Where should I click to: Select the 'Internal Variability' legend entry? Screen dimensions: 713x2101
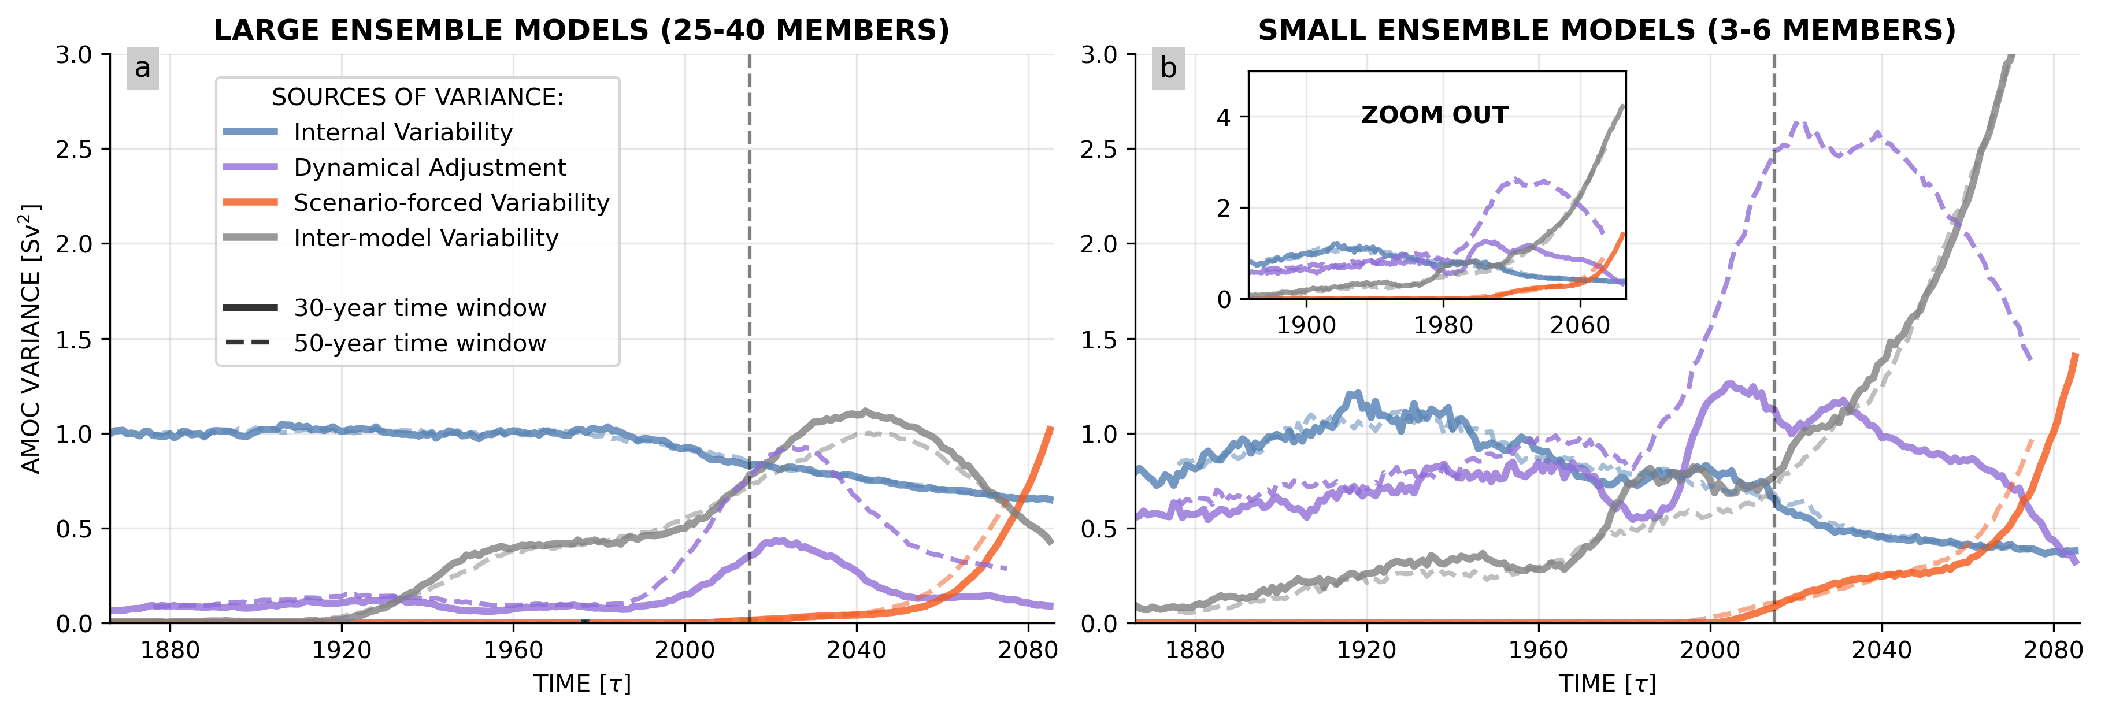tap(403, 132)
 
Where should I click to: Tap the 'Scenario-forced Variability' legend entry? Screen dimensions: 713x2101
tap(451, 202)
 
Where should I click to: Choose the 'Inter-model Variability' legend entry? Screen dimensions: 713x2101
tap(426, 238)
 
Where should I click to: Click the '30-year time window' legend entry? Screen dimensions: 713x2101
tap(419, 309)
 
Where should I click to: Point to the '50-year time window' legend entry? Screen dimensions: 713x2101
tap(419, 343)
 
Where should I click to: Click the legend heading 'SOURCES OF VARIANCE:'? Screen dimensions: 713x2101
tap(417, 97)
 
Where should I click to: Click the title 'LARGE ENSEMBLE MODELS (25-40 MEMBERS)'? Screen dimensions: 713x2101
tap(581, 30)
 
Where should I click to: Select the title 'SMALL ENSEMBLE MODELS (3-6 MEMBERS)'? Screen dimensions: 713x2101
tap(1607, 30)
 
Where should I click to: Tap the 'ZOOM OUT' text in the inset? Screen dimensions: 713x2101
tap(1435, 115)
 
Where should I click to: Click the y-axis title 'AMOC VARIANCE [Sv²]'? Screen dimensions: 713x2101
tap(31, 339)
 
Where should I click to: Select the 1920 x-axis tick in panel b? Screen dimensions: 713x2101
tap(1367, 650)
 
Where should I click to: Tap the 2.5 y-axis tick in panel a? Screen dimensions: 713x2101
tap(73, 149)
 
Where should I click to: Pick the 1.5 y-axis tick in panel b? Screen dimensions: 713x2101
tap(1099, 339)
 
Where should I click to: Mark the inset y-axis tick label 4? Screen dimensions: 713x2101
tap(1224, 117)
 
